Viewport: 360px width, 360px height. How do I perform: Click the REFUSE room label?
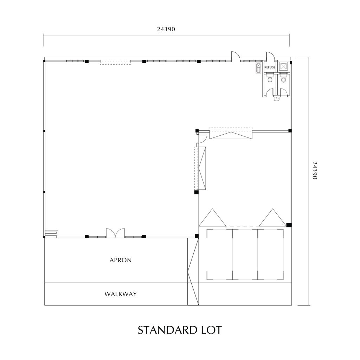coord(270,67)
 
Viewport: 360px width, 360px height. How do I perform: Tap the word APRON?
coord(121,260)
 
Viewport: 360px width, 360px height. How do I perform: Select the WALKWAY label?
coord(121,294)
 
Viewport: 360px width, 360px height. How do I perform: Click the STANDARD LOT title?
coord(180,330)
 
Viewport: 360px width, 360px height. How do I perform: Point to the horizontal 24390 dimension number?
coord(166,29)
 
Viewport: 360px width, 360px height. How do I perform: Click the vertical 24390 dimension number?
coord(315,171)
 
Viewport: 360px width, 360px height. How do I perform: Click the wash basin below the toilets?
coord(277,99)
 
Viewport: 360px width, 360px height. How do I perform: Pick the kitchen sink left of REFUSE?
coord(258,68)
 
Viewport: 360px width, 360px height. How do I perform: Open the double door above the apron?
coord(115,233)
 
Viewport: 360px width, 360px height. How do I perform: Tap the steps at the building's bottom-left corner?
coord(51,233)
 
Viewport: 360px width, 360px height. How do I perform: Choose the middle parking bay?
coord(245,255)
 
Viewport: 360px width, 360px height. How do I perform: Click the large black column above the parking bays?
coord(289,225)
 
